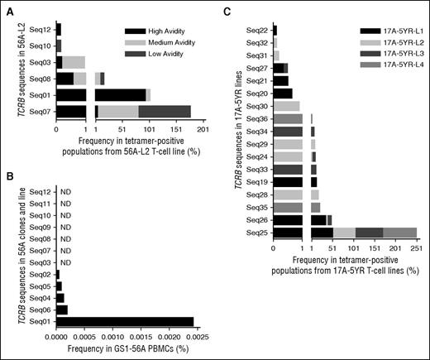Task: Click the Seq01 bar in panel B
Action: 124,321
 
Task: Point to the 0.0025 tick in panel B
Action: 193,337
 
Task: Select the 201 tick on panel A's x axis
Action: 203,129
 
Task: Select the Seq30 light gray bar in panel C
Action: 286,106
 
